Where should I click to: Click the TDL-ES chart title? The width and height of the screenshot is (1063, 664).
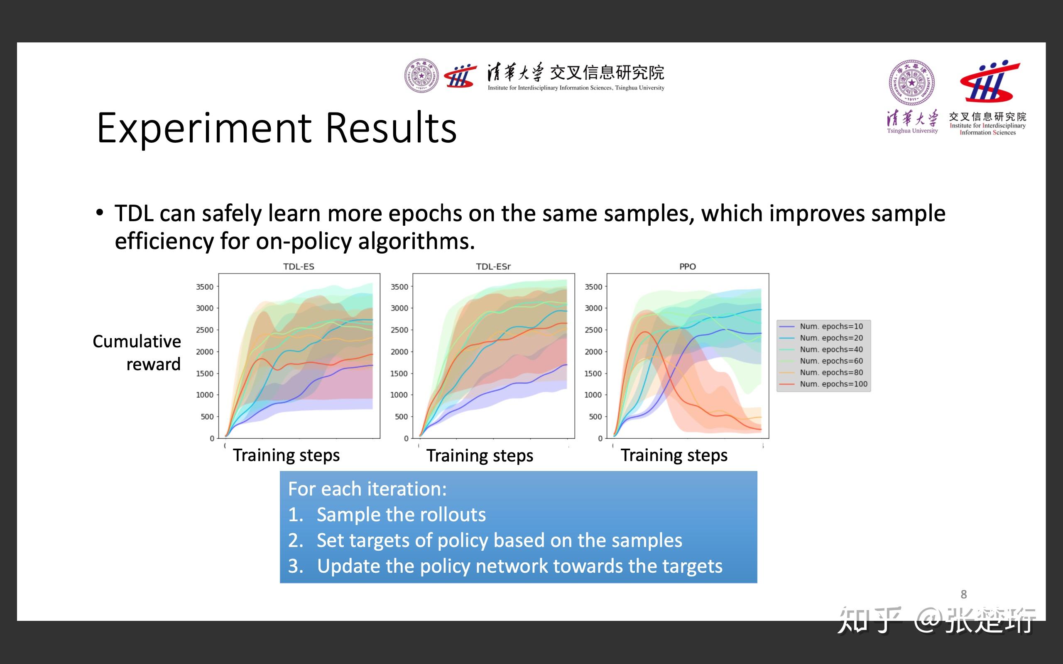pos(299,266)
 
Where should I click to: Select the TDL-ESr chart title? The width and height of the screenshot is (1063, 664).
pos(493,266)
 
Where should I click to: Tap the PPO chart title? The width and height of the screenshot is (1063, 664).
pos(688,266)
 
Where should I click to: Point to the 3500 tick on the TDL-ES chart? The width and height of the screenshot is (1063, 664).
pos(205,287)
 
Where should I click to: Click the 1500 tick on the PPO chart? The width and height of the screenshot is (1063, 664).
pos(593,373)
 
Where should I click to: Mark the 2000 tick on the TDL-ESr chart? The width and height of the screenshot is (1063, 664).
pos(399,352)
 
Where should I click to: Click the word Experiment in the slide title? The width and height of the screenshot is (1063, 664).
pos(204,128)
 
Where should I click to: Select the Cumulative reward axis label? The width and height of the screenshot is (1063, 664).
pos(137,353)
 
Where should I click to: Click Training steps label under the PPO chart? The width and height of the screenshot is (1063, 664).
pos(674,455)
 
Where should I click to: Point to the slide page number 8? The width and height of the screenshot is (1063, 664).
pos(964,594)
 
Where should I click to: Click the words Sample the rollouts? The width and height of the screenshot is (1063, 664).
pos(401,514)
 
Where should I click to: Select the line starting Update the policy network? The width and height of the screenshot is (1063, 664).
pos(505,566)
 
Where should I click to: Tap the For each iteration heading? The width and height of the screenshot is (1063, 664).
pos(367,489)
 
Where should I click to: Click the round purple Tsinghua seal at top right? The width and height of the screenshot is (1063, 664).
pos(911,83)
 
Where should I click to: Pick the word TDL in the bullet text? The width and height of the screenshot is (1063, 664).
pos(135,213)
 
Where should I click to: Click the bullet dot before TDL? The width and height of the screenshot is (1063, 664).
pos(100,213)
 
